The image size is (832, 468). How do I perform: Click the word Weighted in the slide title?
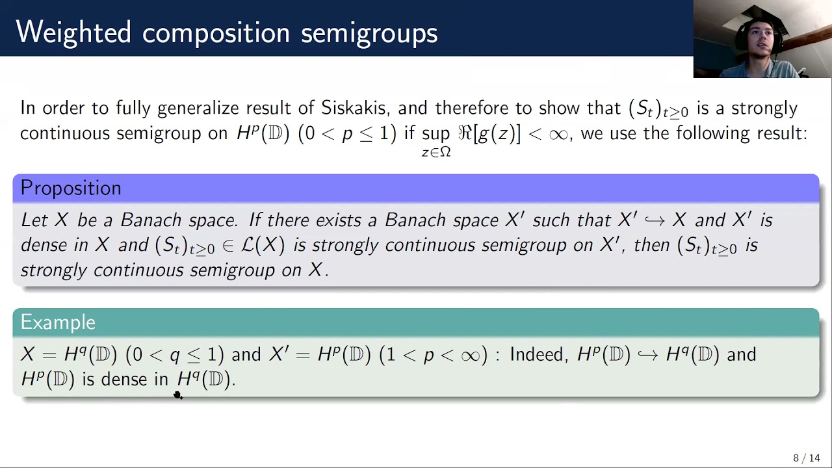[x=73, y=32]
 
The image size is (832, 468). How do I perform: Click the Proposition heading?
[x=71, y=188]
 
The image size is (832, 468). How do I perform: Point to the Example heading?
[x=58, y=322]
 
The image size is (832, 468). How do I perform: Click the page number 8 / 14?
[x=806, y=458]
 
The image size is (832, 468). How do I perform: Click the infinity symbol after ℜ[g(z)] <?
[x=558, y=134]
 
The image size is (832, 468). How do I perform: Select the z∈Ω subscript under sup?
[x=436, y=153]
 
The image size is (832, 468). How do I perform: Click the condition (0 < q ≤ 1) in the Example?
[x=175, y=355]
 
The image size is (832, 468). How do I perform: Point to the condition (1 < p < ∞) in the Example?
[x=433, y=355]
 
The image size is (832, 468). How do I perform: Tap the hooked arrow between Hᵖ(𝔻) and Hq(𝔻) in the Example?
[x=647, y=355]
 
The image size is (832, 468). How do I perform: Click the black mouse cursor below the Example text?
[x=178, y=395]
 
